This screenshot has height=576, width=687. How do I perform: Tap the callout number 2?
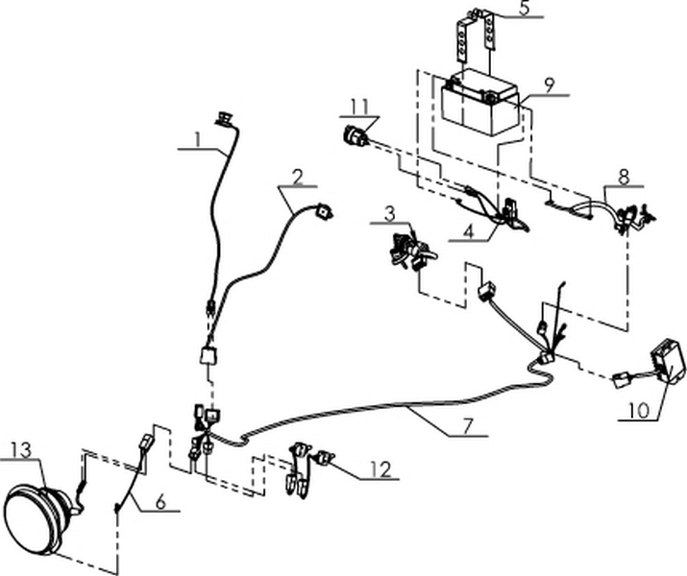pos(298,177)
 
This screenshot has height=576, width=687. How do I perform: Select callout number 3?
pos(389,211)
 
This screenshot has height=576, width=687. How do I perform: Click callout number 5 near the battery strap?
pos(524,9)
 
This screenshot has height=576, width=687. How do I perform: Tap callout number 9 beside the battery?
pos(549,85)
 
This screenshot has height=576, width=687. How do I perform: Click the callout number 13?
pos(22,449)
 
